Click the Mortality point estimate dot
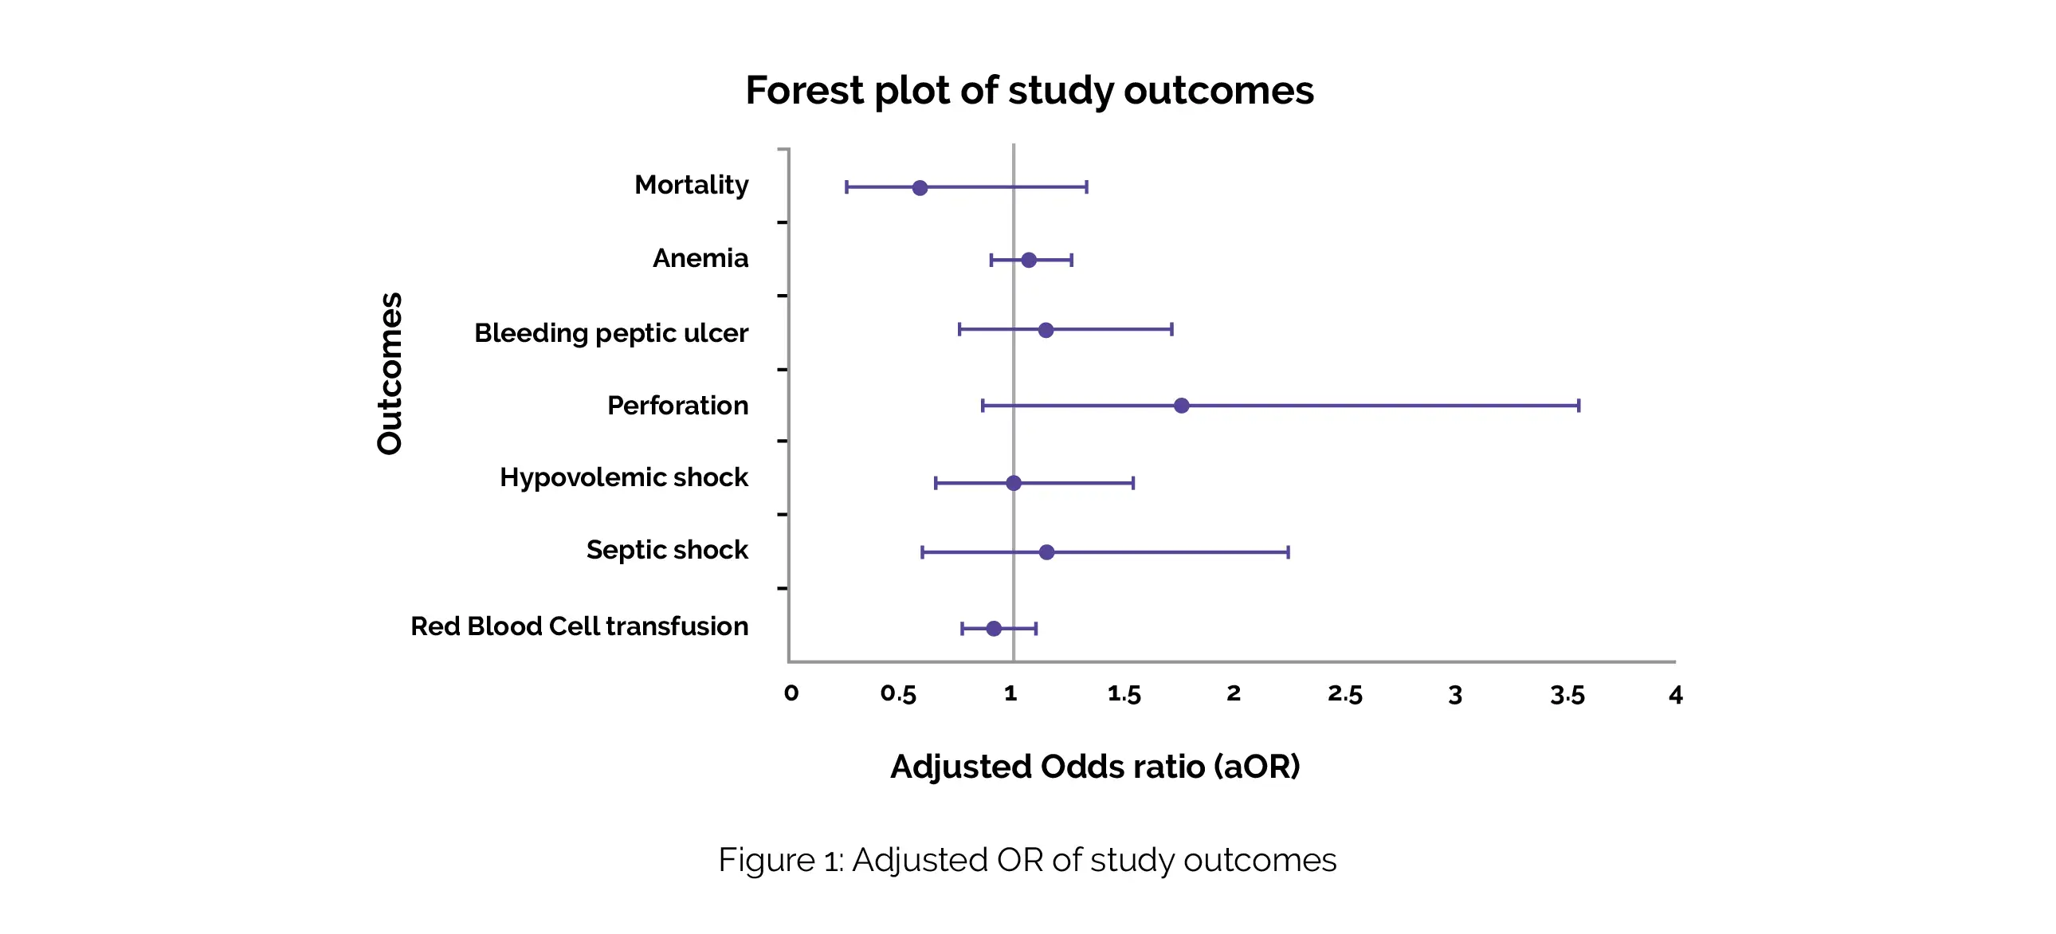click(920, 187)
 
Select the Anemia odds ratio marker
click(1029, 261)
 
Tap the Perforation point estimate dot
click(1181, 406)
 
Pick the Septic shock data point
click(1046, 552)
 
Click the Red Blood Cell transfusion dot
click(994, 628)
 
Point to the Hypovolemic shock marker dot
click(1014, 483)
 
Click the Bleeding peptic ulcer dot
click(1046, 330)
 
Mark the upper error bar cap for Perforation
click(1578, 406)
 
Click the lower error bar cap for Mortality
click(847, 187)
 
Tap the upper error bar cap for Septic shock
click(1289, 552)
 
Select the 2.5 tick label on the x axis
click(1345, 694)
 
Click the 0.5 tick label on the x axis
click(898, 694)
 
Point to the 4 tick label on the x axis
click(1675, 694)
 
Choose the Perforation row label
click(677, 406)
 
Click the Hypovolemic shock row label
click(623, 477)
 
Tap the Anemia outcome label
click(700, 258)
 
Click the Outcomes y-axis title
click(390, 373)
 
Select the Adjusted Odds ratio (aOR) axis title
click(1095, 767)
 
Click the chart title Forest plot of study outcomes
click(1029, 90)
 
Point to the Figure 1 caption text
click(1027, 860)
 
